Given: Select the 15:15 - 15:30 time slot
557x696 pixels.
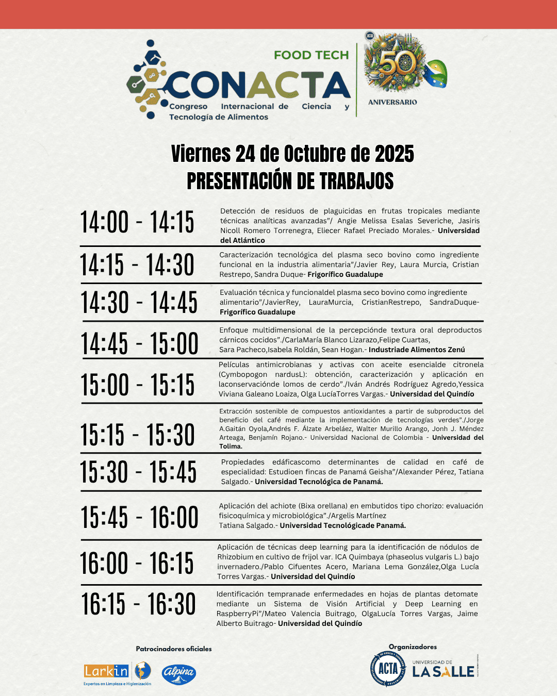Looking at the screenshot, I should [137, 435].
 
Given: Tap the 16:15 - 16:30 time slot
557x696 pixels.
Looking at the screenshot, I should [138, 604].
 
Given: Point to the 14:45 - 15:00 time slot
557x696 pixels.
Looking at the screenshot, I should [139, 343].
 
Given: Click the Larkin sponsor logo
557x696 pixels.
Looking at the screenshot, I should [117, 672].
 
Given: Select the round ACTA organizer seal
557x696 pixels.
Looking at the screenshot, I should [387, 669].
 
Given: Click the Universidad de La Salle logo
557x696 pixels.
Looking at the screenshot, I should [443, 669].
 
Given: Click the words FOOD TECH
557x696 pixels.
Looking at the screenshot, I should [311, 55].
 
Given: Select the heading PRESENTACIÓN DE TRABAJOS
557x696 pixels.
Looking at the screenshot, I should [290, 181].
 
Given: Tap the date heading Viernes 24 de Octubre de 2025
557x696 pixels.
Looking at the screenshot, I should [292, 154].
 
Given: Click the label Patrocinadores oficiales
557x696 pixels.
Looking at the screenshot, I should [174, 649].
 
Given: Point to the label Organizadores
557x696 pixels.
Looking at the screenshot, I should [413, 647].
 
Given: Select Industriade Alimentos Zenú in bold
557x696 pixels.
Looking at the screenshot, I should [417, 350].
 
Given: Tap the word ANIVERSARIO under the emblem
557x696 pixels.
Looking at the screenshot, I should [392, 102].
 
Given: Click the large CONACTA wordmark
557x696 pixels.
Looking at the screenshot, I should [258, 86].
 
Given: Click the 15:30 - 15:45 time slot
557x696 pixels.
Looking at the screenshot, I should [138, 472].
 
